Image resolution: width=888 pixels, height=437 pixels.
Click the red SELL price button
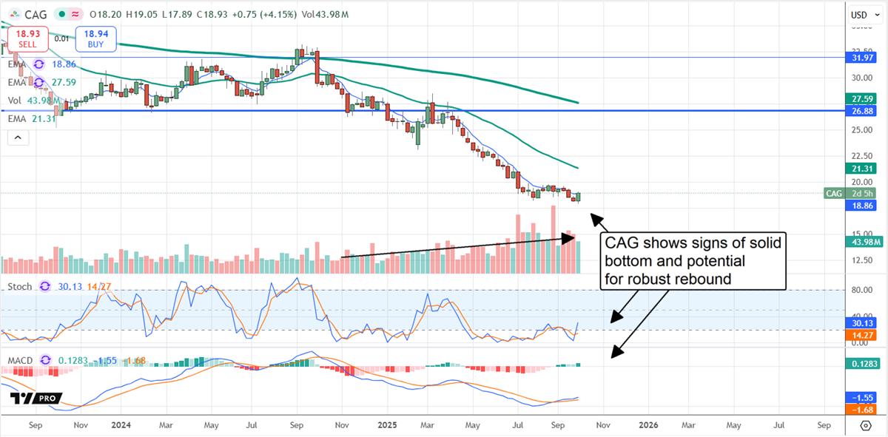pos(27,38)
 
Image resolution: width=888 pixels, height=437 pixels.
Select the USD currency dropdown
pos(858,15)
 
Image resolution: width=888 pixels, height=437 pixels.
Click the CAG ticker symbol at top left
pos(35,15)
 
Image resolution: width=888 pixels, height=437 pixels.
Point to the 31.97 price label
pos(862,58)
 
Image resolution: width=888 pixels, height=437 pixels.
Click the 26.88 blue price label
pos(862,111)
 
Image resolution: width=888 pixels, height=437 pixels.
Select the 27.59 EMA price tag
pos(862,98)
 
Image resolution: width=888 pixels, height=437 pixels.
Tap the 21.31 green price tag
pos(862,169)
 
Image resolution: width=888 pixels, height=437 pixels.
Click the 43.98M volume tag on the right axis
pos(862,241)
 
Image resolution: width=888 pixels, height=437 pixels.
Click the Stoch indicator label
pos(20,286)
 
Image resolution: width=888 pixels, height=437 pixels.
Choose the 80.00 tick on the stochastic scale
pos(858,291)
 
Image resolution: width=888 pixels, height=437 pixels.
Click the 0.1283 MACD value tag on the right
pos(862,365)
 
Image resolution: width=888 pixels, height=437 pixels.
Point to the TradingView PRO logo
pos(36,399)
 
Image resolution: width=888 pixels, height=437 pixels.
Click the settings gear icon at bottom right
pos(866,426)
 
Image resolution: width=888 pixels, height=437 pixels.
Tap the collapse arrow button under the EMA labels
pos(18,138)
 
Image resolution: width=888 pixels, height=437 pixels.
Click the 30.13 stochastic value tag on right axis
pos(862,323)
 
